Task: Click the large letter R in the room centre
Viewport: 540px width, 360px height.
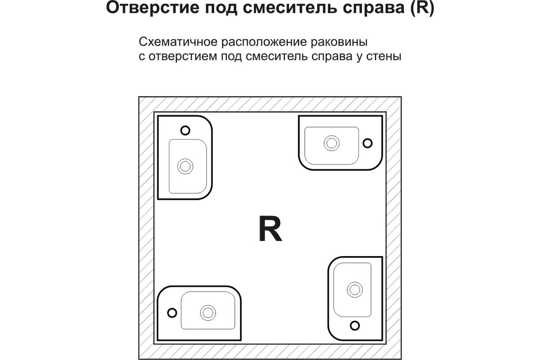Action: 270,228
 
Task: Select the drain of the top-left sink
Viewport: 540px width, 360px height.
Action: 185,166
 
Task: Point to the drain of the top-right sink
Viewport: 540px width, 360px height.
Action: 332,143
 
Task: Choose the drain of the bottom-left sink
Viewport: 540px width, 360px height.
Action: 208,313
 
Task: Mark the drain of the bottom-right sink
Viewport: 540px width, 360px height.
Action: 355,290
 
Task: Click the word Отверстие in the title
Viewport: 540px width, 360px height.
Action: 153,8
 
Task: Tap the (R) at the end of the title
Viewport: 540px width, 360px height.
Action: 422,9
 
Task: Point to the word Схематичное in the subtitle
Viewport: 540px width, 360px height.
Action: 178,42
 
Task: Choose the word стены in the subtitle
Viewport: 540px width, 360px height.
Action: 384,56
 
